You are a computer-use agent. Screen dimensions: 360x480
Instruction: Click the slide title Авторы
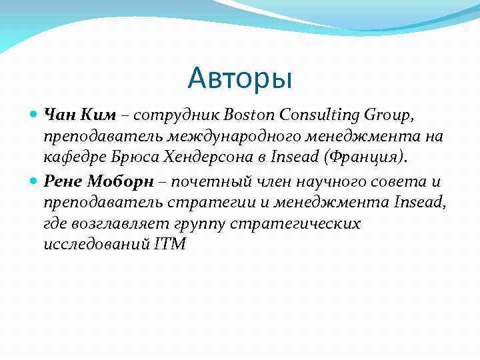[240, 79]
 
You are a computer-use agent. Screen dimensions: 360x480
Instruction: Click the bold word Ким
[98, 115]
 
